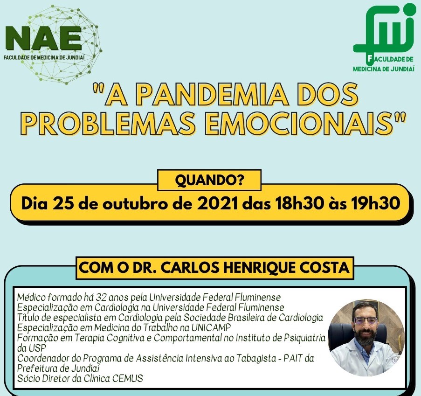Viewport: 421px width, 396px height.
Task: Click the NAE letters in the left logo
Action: click(43, 38)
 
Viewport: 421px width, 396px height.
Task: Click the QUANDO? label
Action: click(209, 180)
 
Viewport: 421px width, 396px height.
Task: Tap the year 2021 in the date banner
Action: click(217, 203)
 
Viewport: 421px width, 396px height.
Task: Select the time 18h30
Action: click(299, 203)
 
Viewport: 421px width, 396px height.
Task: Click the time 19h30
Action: click(375, 203)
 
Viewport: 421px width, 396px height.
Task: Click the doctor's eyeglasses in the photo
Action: click(366, 320)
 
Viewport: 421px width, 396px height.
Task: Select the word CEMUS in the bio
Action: click(128, 379)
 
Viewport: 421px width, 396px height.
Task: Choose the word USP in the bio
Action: click(36, 348)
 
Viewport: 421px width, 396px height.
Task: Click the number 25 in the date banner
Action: click(63, 203)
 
